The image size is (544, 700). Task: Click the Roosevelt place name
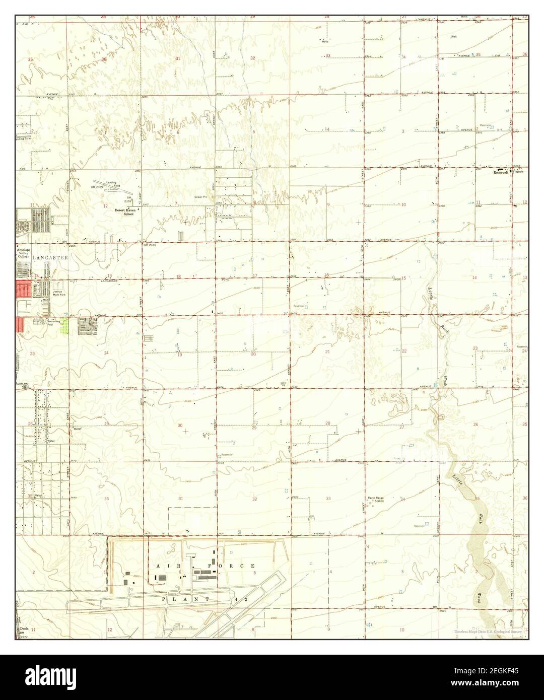tap(501, 172)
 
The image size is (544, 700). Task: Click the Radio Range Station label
tap(376, 500)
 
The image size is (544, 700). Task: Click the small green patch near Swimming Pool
tap(64, 328)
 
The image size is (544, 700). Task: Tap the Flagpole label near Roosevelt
tap(519, 172)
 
